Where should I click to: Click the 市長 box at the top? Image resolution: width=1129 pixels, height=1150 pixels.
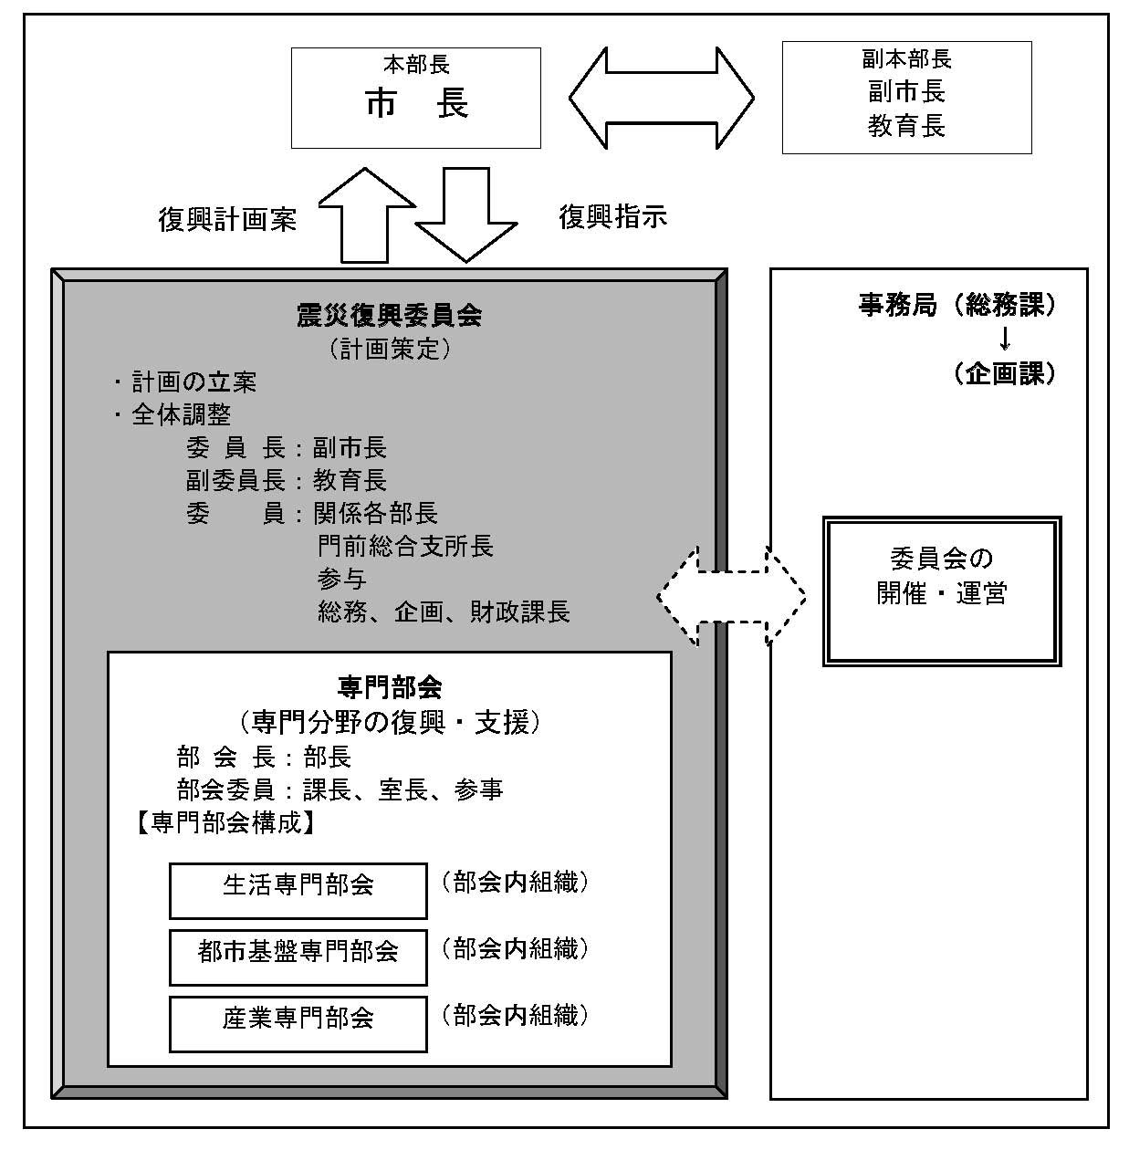415,98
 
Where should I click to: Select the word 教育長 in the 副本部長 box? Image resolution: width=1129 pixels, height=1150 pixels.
906,126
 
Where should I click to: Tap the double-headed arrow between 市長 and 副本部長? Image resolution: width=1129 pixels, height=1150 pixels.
662,98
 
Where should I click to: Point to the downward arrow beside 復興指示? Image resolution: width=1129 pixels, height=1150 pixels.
466,214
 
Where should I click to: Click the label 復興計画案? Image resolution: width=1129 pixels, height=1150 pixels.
227,220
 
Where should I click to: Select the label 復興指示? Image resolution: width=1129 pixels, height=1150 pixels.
613,216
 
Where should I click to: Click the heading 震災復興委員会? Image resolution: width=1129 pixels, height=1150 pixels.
390,316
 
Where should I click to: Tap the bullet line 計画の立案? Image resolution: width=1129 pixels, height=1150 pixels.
186,382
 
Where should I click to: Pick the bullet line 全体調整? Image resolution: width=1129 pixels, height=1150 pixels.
173,414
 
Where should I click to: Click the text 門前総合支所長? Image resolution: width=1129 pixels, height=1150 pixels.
405,546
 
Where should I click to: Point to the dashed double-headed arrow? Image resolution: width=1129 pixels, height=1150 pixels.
731,597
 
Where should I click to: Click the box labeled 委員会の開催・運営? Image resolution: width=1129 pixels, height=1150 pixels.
942,591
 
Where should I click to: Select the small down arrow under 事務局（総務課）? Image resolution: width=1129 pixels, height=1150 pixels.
1005,339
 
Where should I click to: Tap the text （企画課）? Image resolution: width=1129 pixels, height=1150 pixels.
1004,373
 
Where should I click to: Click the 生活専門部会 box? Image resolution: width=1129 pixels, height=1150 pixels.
298,891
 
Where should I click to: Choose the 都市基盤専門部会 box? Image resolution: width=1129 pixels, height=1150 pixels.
298,957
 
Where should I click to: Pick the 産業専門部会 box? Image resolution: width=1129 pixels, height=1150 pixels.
298,1025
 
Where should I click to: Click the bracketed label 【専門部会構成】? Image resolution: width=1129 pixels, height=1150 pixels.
225,823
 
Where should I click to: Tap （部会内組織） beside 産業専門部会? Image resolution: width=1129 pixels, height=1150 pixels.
516,1015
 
